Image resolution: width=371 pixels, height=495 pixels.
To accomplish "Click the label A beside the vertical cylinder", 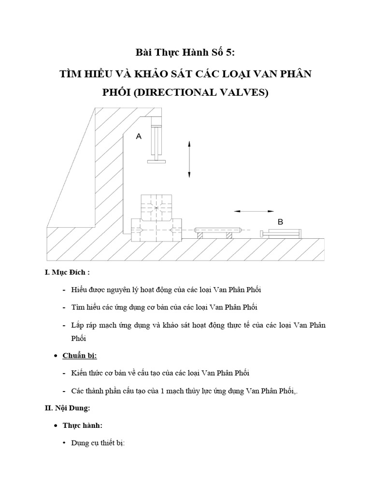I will tap(139, 137).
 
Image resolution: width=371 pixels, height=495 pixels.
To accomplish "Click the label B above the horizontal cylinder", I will tap(280, 222).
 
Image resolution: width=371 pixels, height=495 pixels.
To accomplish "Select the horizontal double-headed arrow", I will tap(254, 211).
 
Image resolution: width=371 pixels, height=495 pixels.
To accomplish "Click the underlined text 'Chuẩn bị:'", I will tap(80, 356).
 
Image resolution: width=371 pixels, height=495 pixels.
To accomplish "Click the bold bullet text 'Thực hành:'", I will tap(82, 425).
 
